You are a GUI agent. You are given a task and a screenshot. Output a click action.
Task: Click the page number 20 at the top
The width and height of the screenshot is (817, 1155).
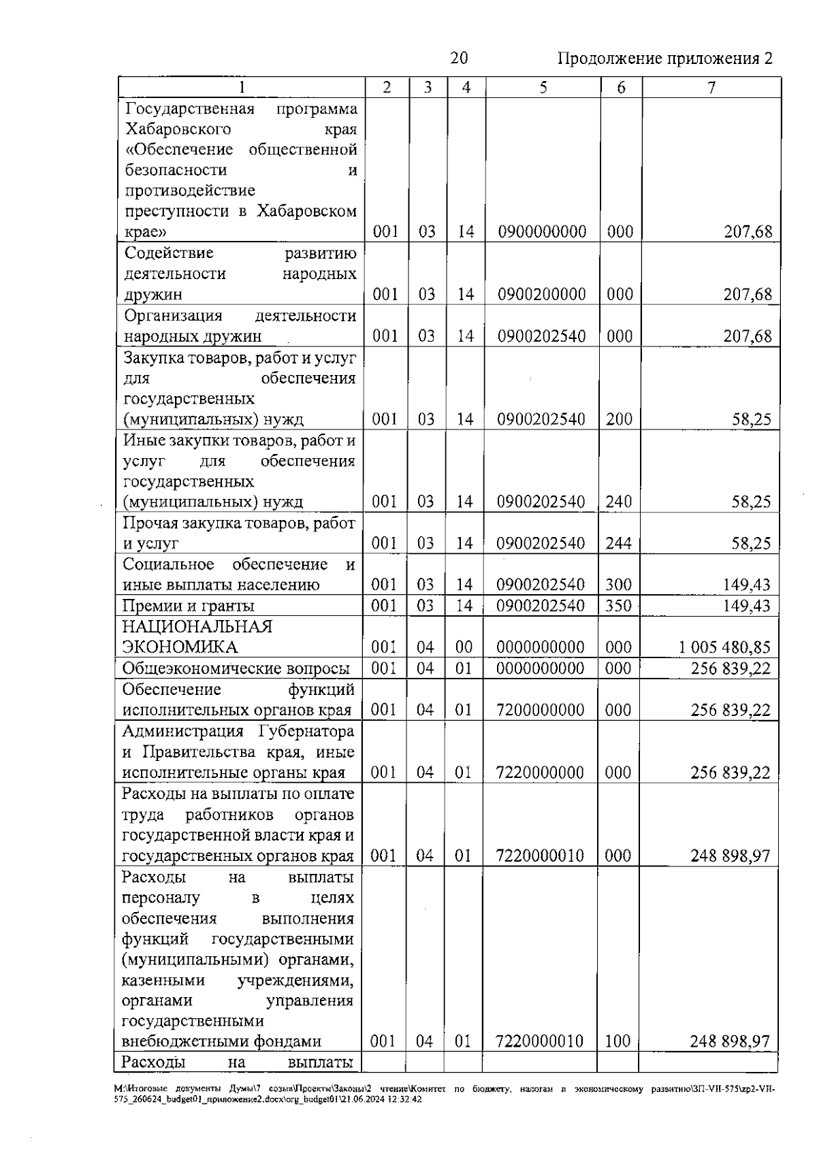459,59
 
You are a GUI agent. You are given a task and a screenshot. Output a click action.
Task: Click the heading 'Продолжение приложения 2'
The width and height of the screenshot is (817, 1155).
665,59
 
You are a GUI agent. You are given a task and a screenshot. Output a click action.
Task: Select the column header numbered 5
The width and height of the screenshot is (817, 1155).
543,88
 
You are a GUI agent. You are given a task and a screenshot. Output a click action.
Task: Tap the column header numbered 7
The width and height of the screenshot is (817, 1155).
711,88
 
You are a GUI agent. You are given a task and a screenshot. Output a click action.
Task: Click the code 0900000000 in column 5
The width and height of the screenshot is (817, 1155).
542,232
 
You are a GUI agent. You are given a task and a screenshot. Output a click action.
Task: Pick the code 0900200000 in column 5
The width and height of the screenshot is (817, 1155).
542,295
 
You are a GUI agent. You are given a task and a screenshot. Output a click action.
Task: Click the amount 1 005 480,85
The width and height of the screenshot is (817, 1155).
724,647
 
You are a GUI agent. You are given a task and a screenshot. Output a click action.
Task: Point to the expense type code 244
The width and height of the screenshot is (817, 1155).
618,543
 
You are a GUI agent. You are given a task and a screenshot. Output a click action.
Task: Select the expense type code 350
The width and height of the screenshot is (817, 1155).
618,606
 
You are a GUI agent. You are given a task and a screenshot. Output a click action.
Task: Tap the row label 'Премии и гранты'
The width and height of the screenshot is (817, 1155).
189,606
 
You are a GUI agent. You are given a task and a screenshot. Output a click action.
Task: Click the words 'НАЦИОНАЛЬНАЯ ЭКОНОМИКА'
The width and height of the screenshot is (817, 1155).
197,636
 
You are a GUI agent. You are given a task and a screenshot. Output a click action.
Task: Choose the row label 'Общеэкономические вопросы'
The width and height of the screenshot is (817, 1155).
236,668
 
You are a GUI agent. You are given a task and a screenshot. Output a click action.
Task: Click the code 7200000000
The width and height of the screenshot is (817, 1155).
541,710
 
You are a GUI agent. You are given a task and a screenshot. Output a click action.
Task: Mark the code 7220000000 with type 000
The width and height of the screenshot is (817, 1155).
541,772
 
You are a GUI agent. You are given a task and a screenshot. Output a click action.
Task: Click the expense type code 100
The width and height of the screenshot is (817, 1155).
618,1041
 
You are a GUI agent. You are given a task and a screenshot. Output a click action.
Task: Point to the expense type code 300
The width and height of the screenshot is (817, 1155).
618,585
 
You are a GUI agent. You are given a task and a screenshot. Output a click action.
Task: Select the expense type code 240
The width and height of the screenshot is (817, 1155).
618,502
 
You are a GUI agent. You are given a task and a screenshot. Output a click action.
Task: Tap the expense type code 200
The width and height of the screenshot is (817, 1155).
619,419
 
